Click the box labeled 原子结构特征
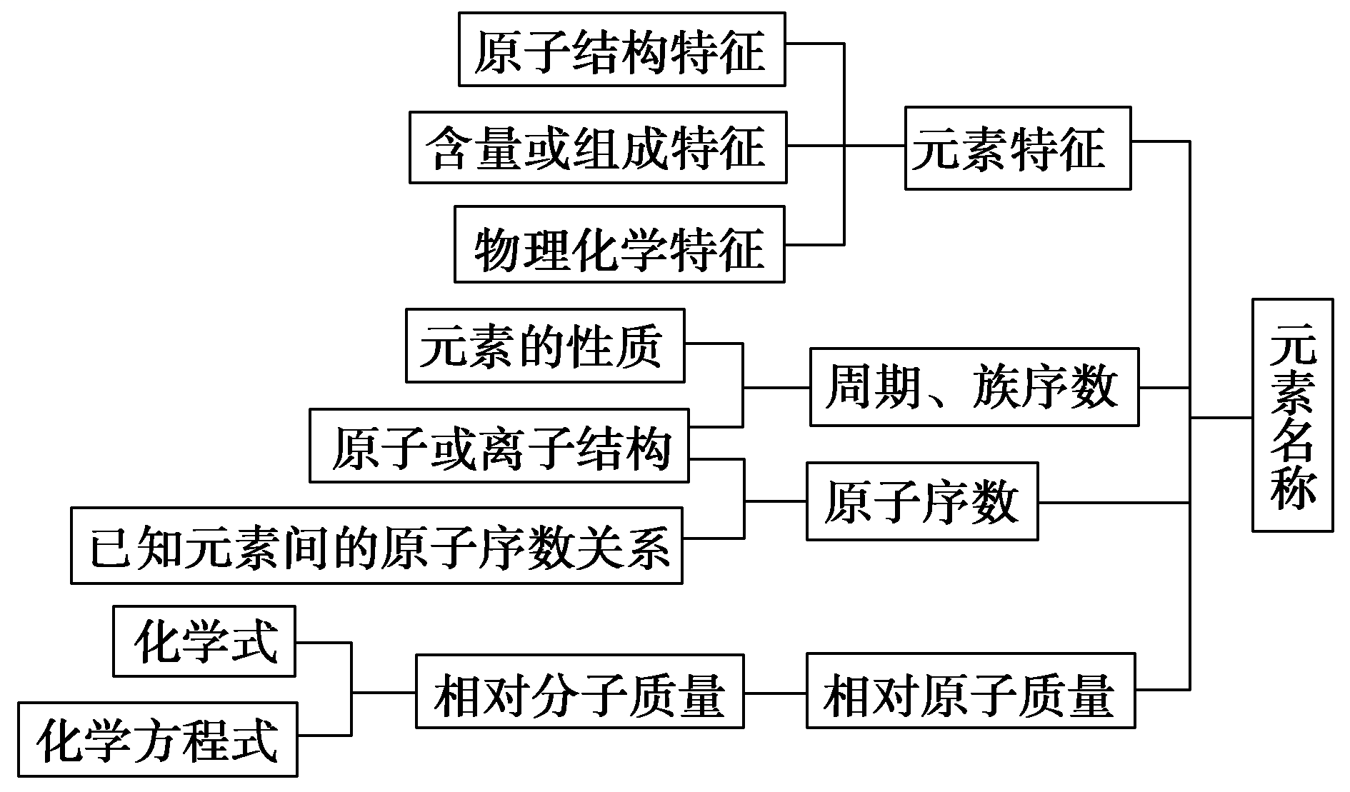click(x=621, y=49)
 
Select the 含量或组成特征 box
click(x=598, y=147)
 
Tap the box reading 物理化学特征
click(x=619, y=245)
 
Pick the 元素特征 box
click(x=1017, y=149)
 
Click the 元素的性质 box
click(x=545, y=346)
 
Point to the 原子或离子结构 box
click(x=499, y=446)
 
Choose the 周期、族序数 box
click(x=974, y=387)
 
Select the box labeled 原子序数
click(x=921, y=501)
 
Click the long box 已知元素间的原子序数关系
click(x=376, y=546)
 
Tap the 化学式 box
click(x=204, y=641)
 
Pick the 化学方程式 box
click(x=158, y=740)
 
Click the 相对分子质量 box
click(x=579, y=691)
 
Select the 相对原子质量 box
click(x=971, y=691)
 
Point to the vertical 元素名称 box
click(x=1292, y=416)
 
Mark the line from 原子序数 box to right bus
click(x=1113, y=503)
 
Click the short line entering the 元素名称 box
click(x=1221, y=417)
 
